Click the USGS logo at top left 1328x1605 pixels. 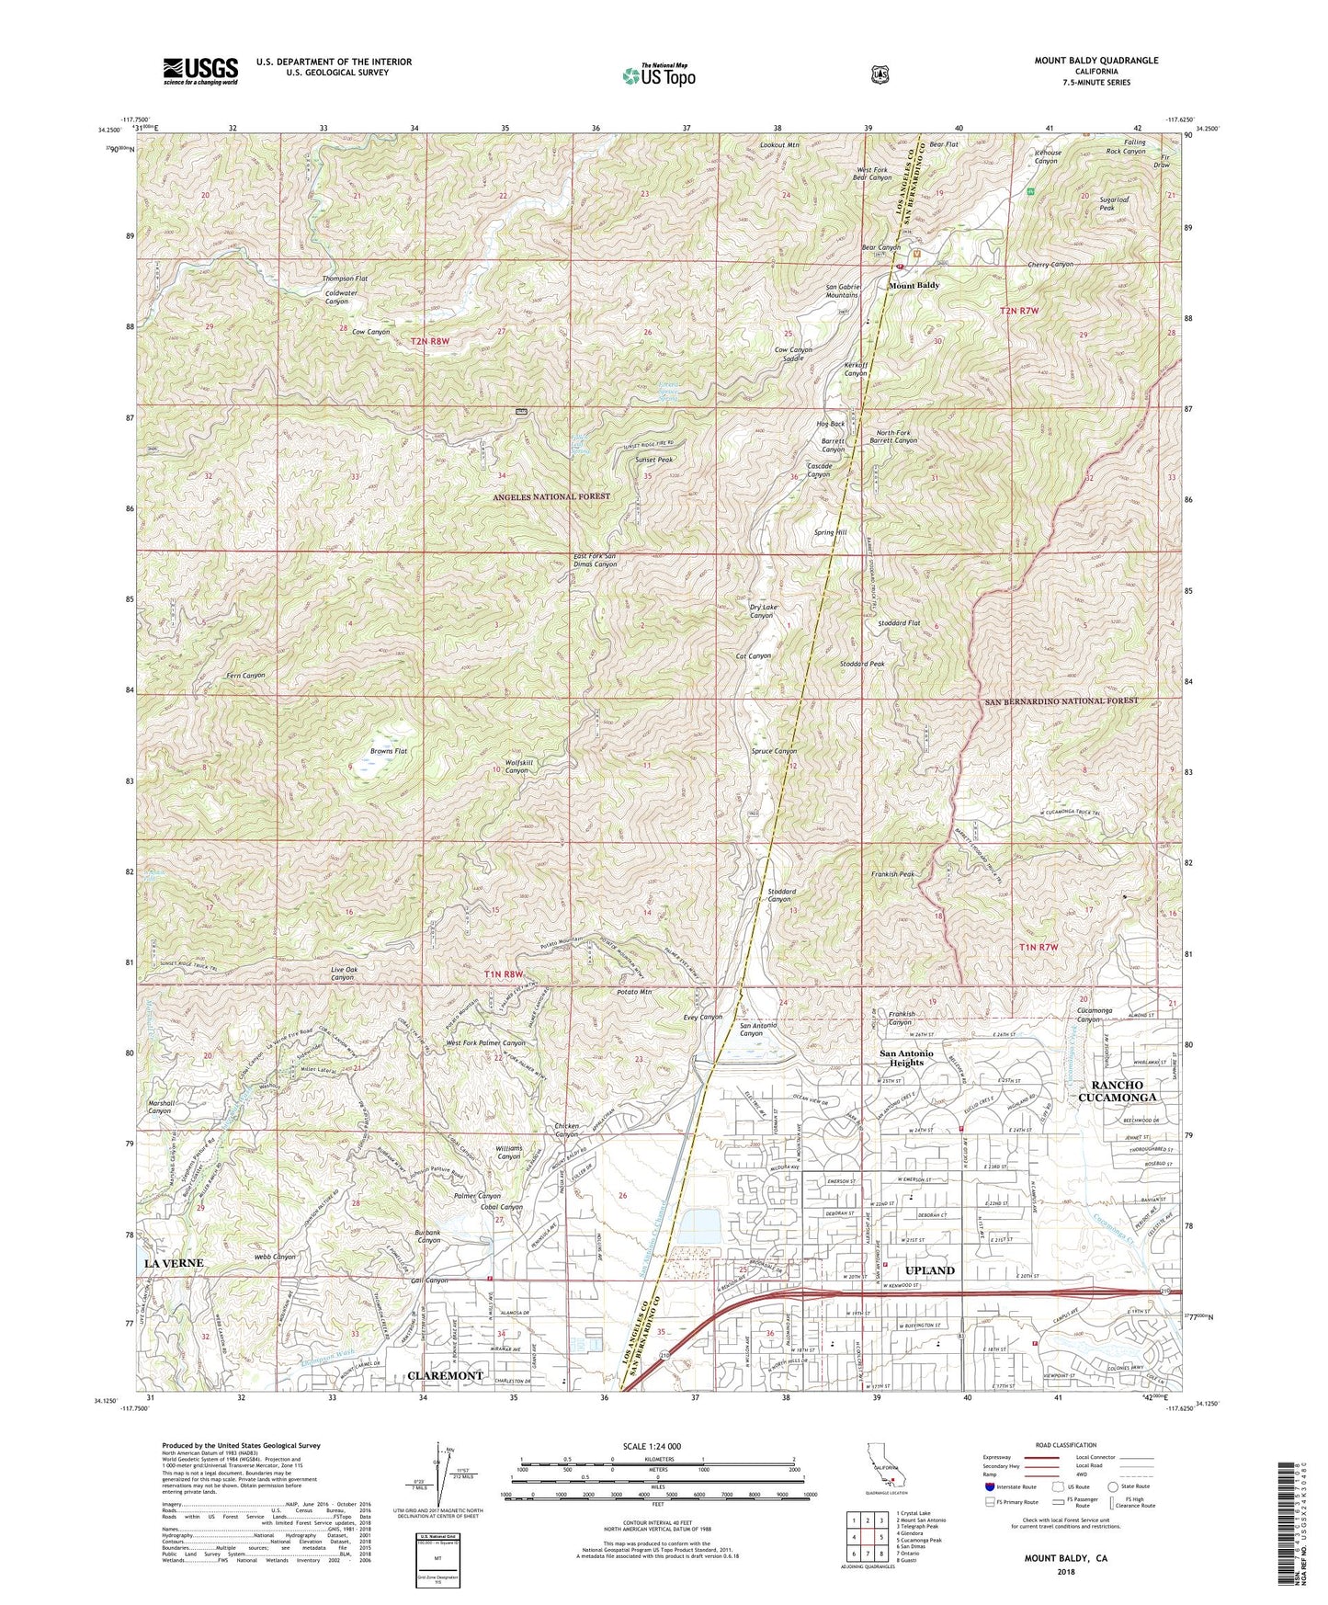(x=200, y=70)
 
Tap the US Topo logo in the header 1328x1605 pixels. (x=658, y=75)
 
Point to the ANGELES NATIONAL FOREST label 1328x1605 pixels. (x=551, y=496)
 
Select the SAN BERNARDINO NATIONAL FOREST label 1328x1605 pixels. (x=1061, y=700)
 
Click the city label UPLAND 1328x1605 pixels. (x=930, y=1270)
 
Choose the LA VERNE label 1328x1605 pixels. (x=173, y=1263)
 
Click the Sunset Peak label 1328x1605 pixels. (x=653, y=459)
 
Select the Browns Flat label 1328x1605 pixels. (x=389, y=751)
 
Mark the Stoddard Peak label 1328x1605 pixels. (x=862, y=663)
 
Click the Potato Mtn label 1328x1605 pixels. (x=634, y=992)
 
